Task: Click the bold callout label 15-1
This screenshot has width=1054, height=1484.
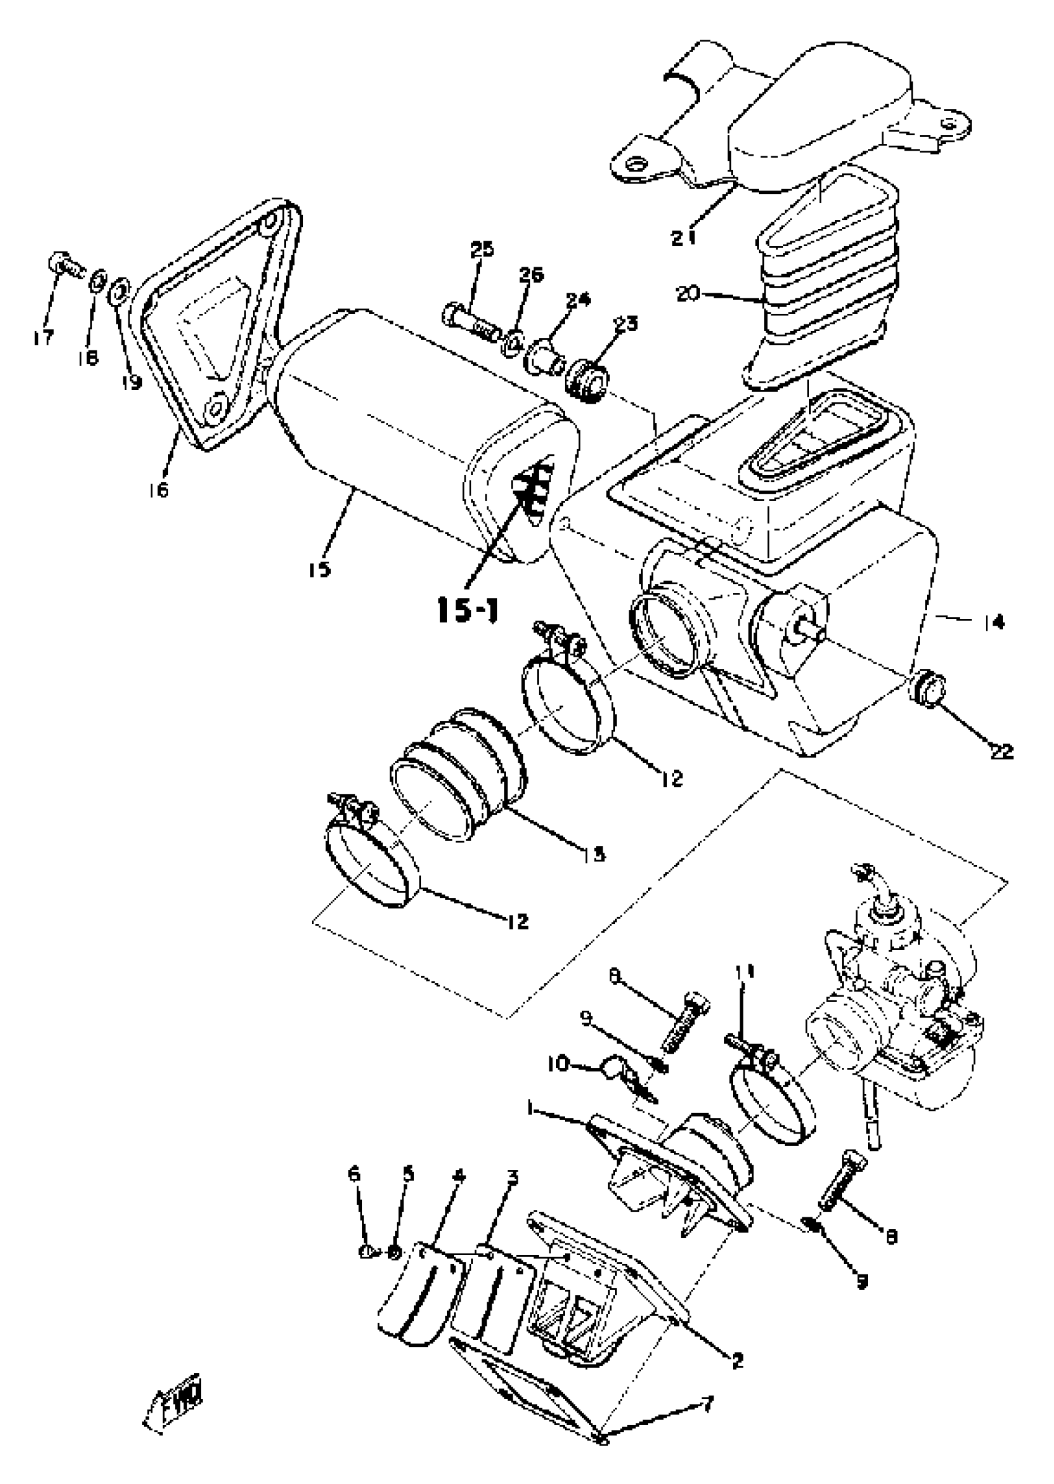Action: (468, 611)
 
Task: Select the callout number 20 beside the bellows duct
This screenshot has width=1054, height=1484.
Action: (689, 293)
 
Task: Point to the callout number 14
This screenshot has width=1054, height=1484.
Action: (993, 623)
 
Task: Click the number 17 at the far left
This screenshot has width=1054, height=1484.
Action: (44, 337)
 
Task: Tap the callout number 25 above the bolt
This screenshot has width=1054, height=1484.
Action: (482, 249)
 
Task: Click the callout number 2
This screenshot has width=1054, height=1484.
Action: (737, 1358)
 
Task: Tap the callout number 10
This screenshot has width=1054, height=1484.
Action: (559, 1065)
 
